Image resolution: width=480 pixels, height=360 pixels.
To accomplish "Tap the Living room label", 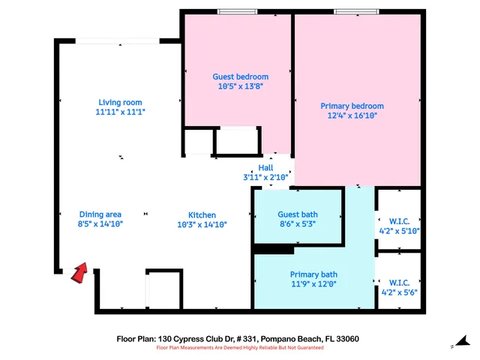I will [120, 103].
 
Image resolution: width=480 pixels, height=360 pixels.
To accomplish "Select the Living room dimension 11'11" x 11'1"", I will [120, 112].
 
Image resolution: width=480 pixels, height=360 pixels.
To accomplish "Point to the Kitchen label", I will [202, 215].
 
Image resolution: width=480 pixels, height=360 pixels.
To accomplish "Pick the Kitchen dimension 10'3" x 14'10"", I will [202, 224].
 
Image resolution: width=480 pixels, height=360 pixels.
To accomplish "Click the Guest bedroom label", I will [240, 76].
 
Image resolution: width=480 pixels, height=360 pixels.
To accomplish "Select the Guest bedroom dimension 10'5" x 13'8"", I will [240, 85].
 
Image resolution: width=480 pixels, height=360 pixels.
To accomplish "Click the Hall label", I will [265, 168].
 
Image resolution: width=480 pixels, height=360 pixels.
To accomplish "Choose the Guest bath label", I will [298, 214].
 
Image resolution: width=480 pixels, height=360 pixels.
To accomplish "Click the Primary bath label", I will [313, 274].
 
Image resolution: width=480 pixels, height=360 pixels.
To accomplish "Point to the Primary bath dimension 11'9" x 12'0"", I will [313, 283].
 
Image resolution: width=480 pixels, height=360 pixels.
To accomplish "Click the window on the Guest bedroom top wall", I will [232, 11].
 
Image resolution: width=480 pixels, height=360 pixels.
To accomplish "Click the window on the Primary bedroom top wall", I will [350, 11].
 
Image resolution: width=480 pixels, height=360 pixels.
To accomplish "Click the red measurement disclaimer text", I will [238, 348].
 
